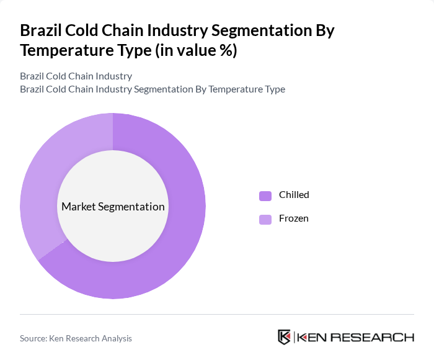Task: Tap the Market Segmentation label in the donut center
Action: point(113,207)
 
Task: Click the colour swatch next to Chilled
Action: point(265,196)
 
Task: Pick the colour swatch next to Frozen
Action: point(265,219)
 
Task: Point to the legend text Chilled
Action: point(294,195)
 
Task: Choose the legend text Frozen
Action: point(293,218)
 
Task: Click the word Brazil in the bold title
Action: point(42,30)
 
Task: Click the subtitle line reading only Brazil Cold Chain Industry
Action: point(76,76)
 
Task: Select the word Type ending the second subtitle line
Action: point(274,89)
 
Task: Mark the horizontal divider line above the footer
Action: point(217,314)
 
